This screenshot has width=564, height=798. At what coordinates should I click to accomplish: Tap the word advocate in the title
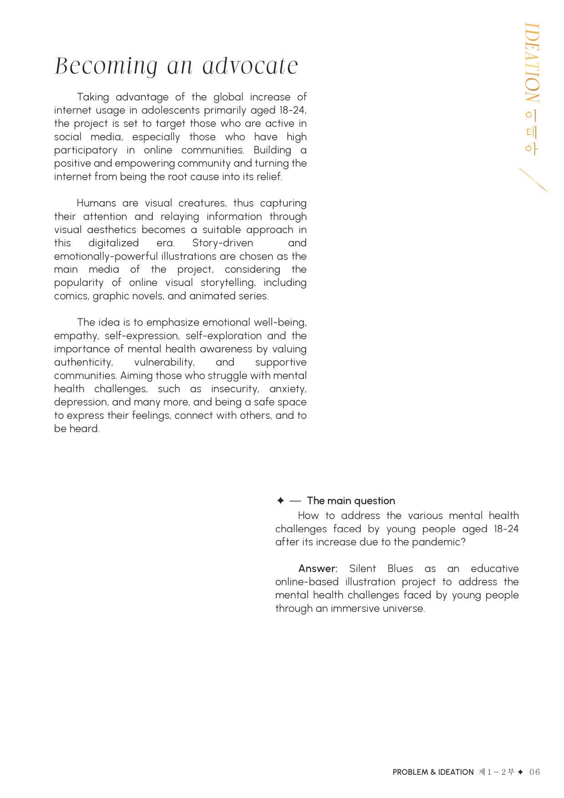[250, 66]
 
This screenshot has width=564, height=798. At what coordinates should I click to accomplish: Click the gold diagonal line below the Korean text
[533, 180]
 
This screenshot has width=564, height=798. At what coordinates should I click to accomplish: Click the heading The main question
[351, 501]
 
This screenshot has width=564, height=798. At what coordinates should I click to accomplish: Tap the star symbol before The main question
[280, 501]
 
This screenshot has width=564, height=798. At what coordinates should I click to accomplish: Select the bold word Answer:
[317, 569]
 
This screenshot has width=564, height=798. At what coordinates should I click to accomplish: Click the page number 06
[534, 772]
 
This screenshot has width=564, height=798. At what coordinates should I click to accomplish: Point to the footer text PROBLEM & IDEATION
[433, 772]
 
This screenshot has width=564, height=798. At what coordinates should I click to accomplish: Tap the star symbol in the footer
[520, 772]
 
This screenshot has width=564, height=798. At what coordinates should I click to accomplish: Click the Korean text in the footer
[496, 772]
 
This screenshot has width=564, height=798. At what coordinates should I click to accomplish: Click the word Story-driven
[222, 243]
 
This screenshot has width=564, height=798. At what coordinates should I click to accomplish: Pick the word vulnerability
[164, 362]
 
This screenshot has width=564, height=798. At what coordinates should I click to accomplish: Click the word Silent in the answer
[363, 569]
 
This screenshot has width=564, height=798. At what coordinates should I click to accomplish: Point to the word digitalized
[113, 243]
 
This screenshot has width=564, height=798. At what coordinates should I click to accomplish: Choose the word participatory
[86, 150]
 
